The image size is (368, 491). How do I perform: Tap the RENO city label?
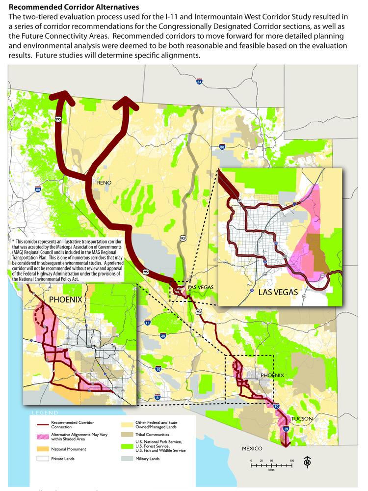[104, 183]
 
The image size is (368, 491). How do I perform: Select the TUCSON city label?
[302, 419]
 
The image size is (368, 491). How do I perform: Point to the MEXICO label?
[252, 449]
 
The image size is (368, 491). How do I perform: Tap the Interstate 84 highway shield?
[199, 82]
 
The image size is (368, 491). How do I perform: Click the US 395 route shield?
[58, 119]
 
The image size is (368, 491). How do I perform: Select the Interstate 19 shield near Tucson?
[286, 429]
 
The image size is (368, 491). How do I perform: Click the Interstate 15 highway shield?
[148, 323]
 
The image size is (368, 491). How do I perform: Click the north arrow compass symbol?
[307, 462]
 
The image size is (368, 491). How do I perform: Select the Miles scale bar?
[271, 464]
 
